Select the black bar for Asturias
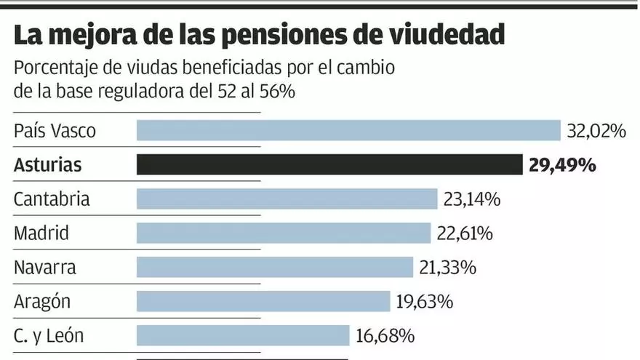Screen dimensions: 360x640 coord(329,165)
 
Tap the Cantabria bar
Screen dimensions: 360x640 coord(287,199)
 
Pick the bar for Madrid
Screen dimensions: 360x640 coord(284,233)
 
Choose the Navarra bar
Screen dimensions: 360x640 coord(275,267)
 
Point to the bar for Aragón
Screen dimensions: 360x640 coord(263,301)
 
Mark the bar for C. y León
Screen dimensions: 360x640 coord(243,335)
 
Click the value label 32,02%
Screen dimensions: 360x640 coord(596,131)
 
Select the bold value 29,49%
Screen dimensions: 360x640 coord(562,165)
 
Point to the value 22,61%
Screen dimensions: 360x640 coord(465,233)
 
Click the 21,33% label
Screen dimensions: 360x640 coord(447,268)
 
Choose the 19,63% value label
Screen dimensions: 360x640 coord(425,301)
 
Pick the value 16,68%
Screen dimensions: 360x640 coord(385,335)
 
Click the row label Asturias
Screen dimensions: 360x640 coord(48,165)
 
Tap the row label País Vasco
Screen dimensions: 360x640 coord(55,132)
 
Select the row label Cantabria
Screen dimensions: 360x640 coord(52,199)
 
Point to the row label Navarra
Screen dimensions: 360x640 coord(45,268)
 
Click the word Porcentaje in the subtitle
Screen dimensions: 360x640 coord(54,69)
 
